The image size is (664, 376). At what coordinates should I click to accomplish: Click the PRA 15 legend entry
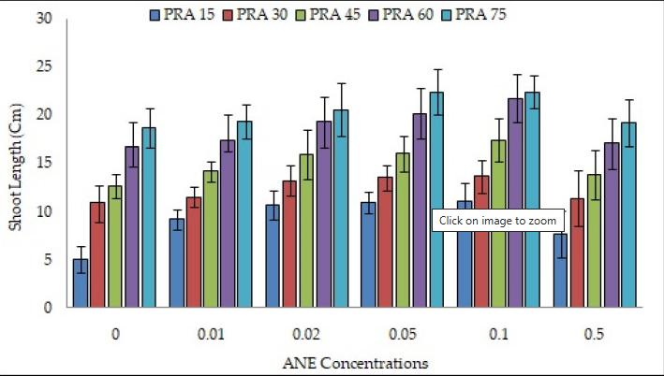[178, 16]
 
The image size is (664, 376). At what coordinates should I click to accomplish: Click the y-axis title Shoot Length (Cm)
[17, 162]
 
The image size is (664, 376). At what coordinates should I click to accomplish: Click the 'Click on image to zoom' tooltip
[498, 221]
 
